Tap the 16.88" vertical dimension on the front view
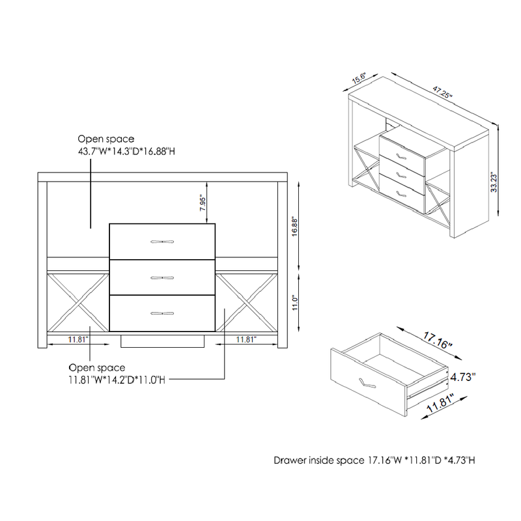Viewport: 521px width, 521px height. pos(296,228)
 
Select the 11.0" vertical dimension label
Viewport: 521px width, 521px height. pos(296,304)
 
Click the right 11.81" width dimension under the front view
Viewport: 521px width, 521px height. pos(246,339)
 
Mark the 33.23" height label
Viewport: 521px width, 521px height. pos(495,179)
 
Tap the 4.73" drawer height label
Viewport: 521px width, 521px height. pos(463,376)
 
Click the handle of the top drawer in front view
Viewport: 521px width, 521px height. pos(162,242)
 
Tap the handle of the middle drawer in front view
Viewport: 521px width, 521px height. pos(162,277)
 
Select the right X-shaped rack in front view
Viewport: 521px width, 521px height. pos(246,302)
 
